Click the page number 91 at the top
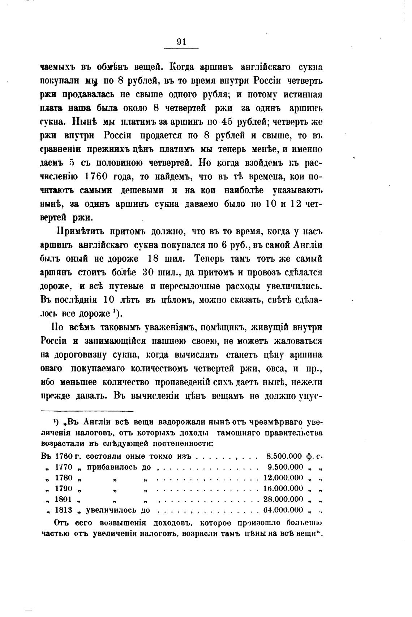181,42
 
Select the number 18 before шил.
156,259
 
